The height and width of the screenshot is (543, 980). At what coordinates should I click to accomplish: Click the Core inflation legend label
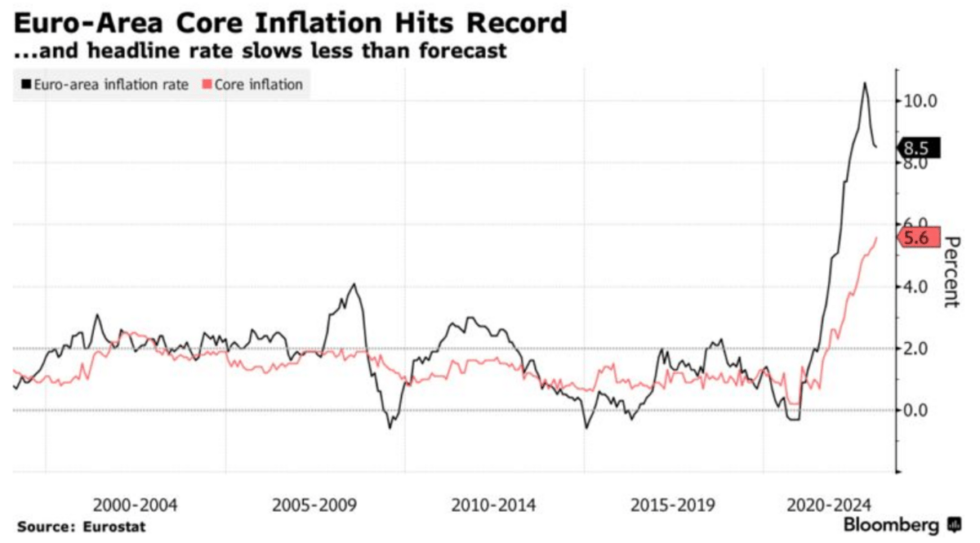click(x=259, y=84)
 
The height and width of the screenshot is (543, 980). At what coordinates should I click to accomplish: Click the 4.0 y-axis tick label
click(x=914, y=287)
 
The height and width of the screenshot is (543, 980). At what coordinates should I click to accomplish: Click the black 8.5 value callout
click(x=919, y=149)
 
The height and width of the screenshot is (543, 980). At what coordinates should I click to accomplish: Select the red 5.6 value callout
click(x=919, y=238)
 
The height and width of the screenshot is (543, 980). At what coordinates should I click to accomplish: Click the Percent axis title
click(x=949, y=270)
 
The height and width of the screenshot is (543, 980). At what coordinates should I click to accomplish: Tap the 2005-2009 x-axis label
click(x=314, y=505)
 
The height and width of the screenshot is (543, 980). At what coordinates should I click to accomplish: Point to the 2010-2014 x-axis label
click(x=494, y=505)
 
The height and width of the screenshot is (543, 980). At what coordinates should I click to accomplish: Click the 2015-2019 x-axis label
click(x=673, y=505)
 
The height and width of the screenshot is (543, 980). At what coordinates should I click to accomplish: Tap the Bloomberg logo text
click(x=893, y=524)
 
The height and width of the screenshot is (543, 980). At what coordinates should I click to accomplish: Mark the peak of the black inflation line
click(x=865, y=82)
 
